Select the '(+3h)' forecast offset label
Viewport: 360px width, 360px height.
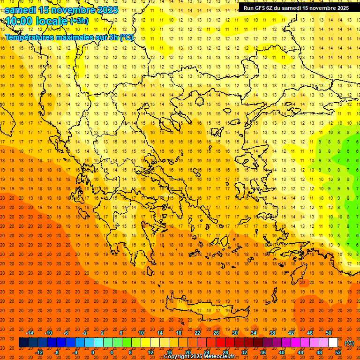[78, 21]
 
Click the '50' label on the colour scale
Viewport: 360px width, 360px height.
[328, 333]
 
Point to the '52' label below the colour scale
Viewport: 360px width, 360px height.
[338, 352]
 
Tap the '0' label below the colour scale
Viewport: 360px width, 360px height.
[93, 352]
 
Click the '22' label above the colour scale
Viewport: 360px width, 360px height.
[197, 333]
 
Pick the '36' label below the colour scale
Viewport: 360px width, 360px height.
[263, 352]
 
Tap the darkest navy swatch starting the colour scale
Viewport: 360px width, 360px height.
[23, 343]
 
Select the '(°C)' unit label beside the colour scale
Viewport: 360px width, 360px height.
[349, 343]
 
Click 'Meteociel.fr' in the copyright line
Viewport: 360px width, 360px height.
[219, 357]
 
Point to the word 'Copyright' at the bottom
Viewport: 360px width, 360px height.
[177, 357]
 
